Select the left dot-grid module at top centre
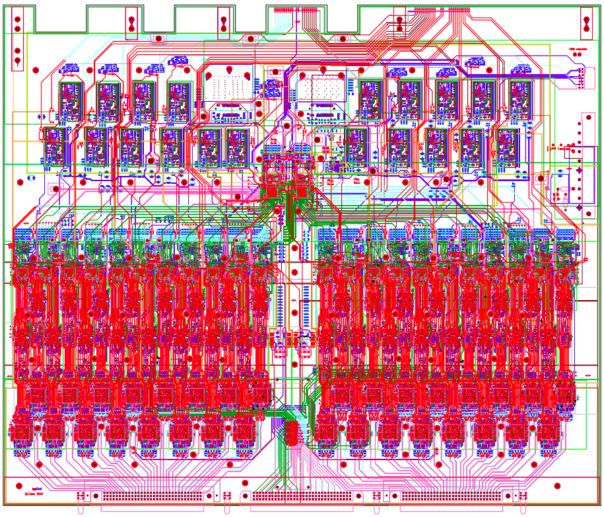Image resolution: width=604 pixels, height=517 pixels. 228,86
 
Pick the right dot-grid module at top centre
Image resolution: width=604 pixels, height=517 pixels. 325,86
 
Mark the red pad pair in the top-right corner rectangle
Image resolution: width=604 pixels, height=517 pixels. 586,23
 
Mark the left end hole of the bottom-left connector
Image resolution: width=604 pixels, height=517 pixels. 81,495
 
